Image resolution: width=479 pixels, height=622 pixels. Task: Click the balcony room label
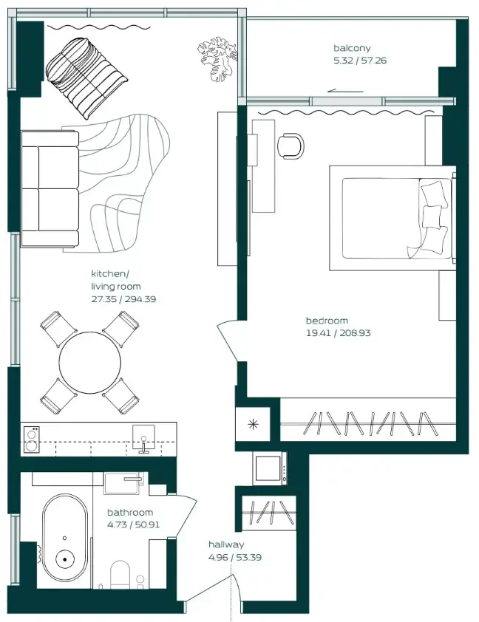click(x=351, y=49)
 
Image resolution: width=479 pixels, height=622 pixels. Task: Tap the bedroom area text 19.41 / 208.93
click(x=338, y=333)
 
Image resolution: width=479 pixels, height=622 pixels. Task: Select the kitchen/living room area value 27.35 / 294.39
click(x=123, y=299)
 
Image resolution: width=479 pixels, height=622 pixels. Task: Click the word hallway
click(x=225, y=545)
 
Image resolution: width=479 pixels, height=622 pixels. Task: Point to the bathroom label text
click(x=130, y=513)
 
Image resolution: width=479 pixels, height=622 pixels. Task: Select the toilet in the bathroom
click(x=119, y=573)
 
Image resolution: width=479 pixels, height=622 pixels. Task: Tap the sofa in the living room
click(x=50, y=188)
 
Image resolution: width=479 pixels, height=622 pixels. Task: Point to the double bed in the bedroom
click(x=390, y=218)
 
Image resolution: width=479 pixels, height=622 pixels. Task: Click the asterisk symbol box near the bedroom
click(x=254, y=424)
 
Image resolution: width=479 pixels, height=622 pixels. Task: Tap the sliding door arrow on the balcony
click(x=341, y=91)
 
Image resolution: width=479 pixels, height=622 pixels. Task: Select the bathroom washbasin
click(x=126, y=483)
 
